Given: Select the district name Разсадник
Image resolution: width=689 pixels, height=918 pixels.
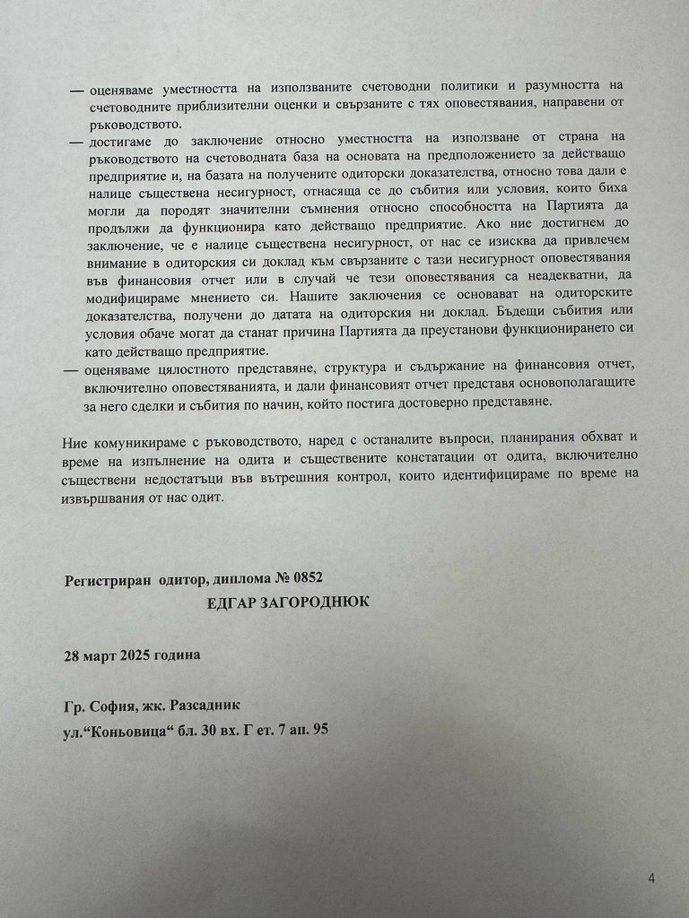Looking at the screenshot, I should [x=206, y=706].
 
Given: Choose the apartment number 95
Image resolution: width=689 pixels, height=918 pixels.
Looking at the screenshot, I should [x=319, y=730].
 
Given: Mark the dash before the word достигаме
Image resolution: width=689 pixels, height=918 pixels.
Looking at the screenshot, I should [x=76, y=143].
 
